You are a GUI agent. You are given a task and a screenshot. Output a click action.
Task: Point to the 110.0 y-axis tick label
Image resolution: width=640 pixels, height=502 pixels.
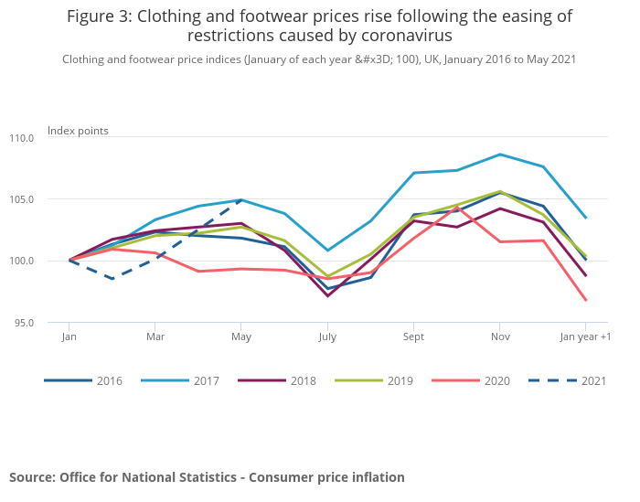22,138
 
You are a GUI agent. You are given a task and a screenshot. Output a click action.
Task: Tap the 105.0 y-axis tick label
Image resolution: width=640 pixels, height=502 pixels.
22,199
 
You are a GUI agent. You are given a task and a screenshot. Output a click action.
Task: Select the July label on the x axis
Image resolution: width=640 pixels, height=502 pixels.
327,336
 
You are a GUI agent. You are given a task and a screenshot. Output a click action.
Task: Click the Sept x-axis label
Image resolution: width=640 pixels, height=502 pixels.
413,336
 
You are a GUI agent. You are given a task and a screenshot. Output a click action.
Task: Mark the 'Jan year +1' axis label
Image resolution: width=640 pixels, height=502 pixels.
585,336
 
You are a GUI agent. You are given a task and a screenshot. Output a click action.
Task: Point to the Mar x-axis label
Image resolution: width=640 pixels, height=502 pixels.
155,336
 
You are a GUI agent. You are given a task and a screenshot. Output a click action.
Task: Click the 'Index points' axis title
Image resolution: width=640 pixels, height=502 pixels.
78,131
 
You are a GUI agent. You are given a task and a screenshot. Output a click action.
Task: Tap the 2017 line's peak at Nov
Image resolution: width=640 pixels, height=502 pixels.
499,154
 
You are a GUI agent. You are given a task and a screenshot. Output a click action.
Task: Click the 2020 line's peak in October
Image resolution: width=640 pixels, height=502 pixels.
456,208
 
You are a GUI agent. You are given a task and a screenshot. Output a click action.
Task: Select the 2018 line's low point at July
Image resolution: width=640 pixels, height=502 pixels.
327,295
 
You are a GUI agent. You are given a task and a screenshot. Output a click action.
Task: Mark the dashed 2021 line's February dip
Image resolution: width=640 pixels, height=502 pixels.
112,278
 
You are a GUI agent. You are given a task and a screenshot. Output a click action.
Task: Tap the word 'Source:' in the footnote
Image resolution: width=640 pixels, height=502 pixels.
33,477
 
